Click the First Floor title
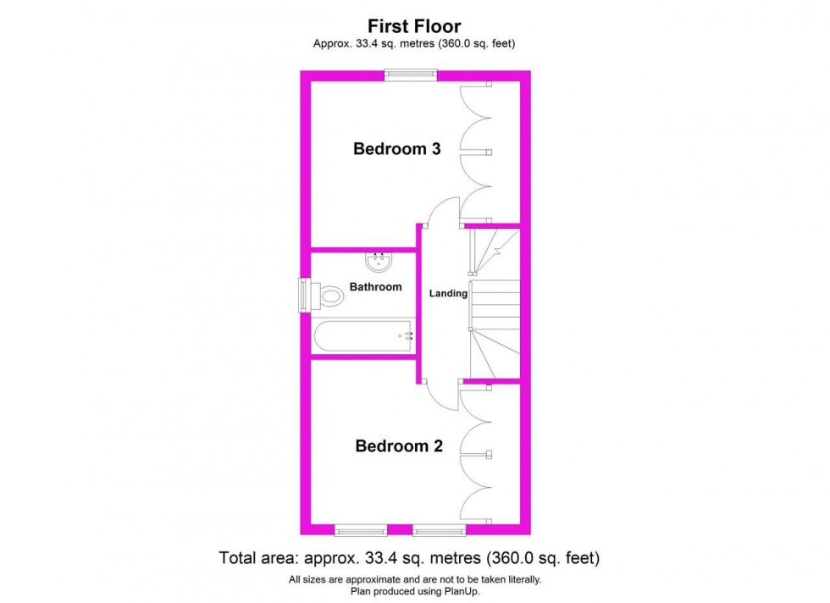coord(414,26)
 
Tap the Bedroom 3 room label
coord(396,150)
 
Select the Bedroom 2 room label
coord(398,446)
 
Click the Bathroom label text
coord(376,287)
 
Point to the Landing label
coord(448,294)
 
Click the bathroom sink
coord(379,262)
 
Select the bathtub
coord(363,337)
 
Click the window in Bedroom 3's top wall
coord(411,75)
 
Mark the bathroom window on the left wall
coord(304,296)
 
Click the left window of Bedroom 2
coord(360,530)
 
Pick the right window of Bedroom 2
coord(439,530)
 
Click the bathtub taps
coord(407,336)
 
